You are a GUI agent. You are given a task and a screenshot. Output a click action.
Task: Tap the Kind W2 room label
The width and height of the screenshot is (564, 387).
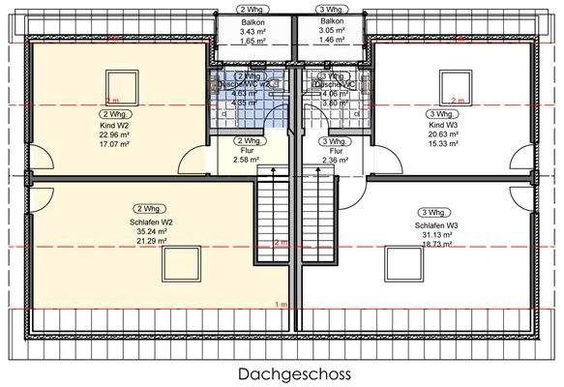(x=114, y=126)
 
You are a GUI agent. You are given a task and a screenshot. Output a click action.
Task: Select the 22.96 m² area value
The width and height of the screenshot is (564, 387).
(x=114, y=134)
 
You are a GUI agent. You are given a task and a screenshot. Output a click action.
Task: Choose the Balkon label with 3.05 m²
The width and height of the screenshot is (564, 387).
(x=332, y=21)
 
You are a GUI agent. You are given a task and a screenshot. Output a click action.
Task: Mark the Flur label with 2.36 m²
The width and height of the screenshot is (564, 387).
(x=336, y=151)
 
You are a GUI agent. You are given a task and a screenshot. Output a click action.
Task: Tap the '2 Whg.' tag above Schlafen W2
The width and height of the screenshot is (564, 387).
(x=149, y=208)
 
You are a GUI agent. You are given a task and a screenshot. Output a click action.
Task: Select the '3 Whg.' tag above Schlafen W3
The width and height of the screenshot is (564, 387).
(x=432, y=212)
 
